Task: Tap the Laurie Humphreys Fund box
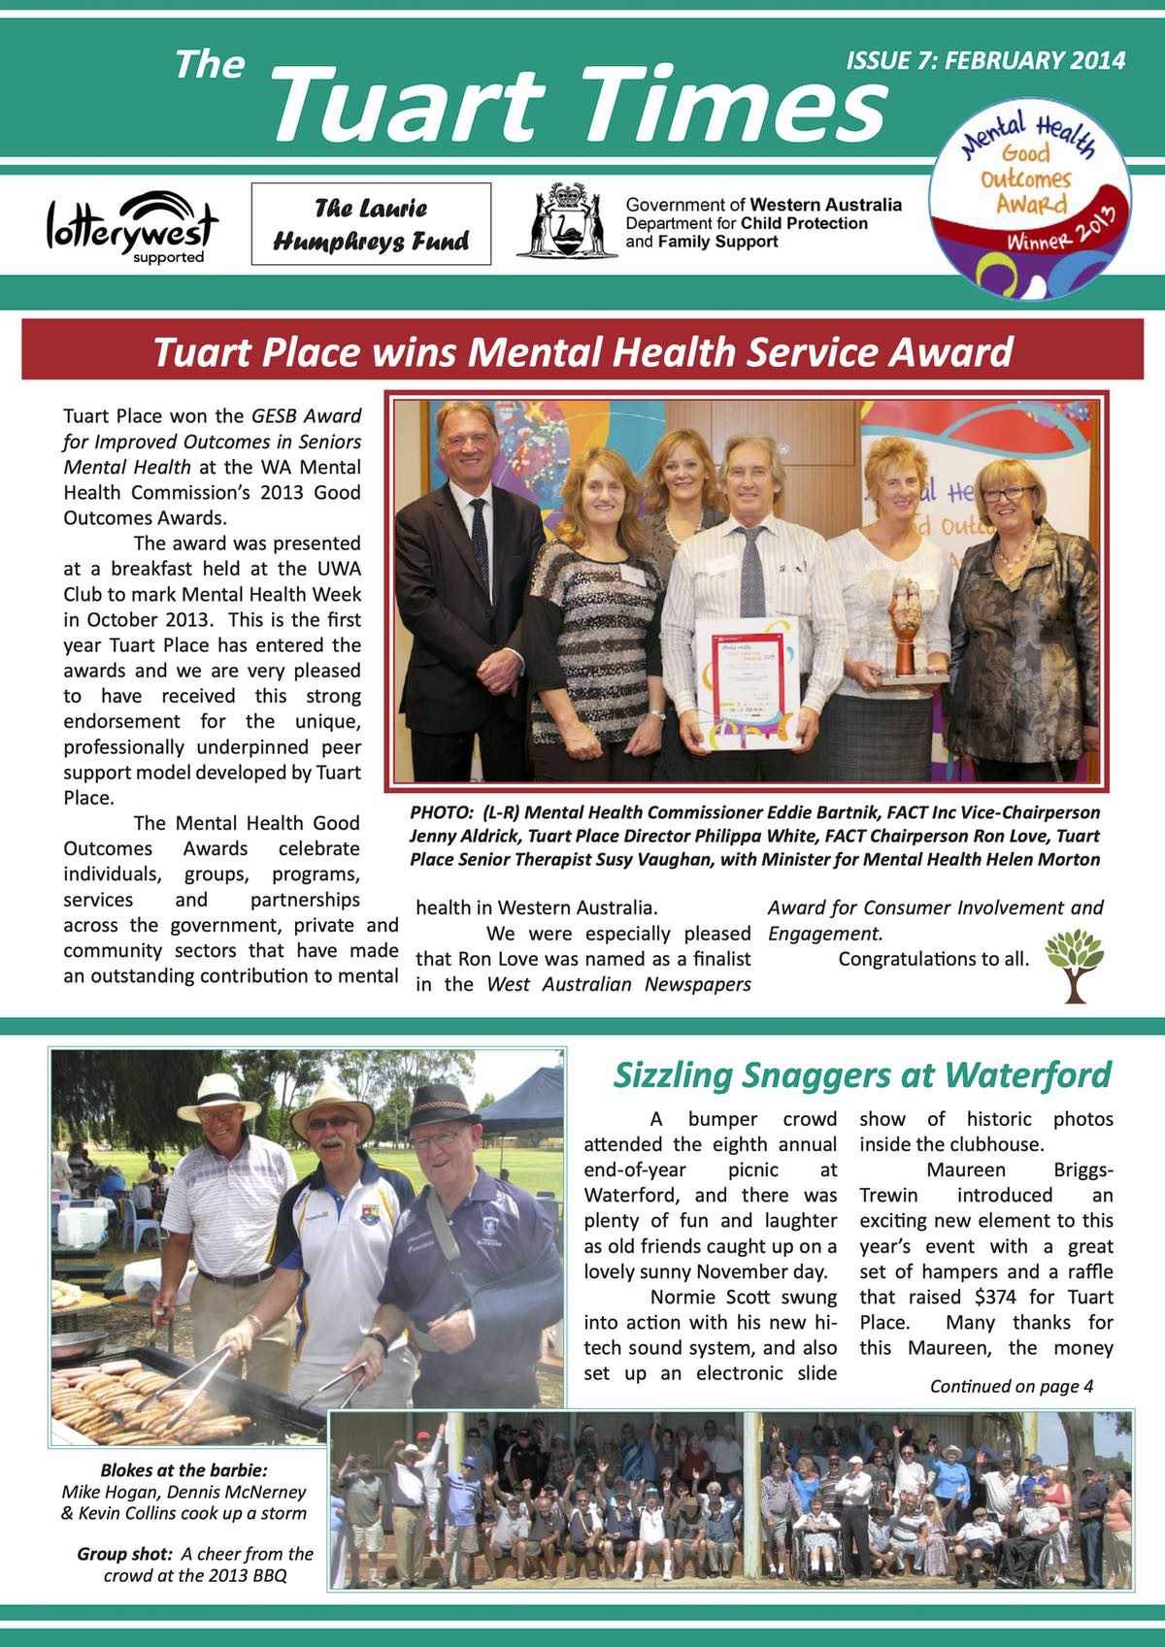click(x=371, y=224)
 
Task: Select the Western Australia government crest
click(x=567, y=221)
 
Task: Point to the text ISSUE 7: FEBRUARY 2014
click(x=985, y=60)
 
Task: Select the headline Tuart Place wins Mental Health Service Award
click(x=582, y=351)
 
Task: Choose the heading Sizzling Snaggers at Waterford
click(x=862, y=1074)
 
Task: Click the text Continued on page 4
click(x=1011, y=1386)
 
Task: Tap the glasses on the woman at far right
click(x=1007, y=494)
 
